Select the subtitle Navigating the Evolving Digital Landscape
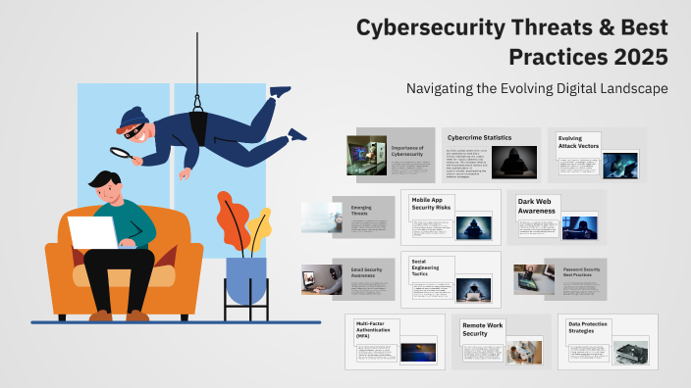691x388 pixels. click(x=537, y=88)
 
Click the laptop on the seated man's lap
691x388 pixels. click(x=92, y=232)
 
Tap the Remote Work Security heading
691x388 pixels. click(x=482, y=329)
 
